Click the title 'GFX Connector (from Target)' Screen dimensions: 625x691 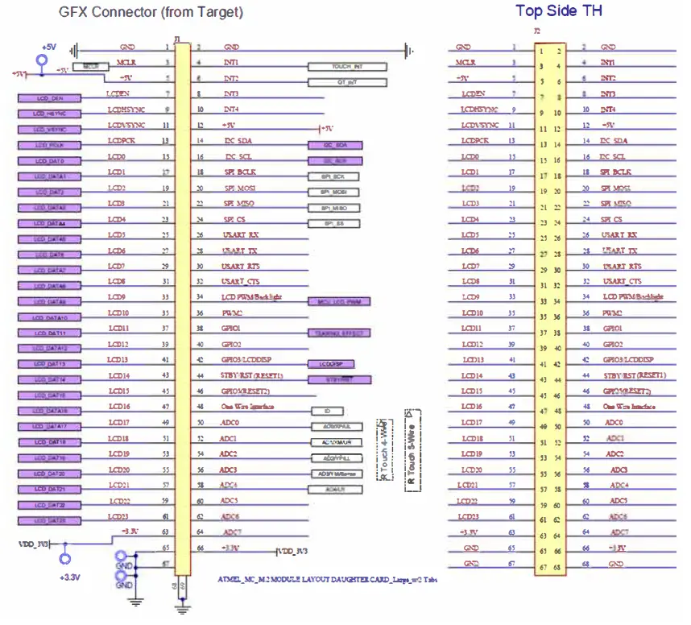[151, 13]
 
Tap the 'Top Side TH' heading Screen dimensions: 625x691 [558, 10]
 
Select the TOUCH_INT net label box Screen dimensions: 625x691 [347, 67]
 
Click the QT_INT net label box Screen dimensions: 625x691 [347, 82]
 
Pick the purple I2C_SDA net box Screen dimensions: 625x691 [335, 145]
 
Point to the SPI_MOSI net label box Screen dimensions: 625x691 [333, 192]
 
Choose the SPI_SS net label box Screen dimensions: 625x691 [333, 223]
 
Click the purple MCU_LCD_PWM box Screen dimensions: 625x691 [340, 301]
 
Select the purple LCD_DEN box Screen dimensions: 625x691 [51, 98]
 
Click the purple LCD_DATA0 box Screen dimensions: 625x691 [51, 161]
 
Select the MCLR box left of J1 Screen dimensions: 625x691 [90, 67]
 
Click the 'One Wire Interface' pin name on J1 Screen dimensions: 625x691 [246, 407]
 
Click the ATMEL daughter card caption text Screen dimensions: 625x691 [327, 579]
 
